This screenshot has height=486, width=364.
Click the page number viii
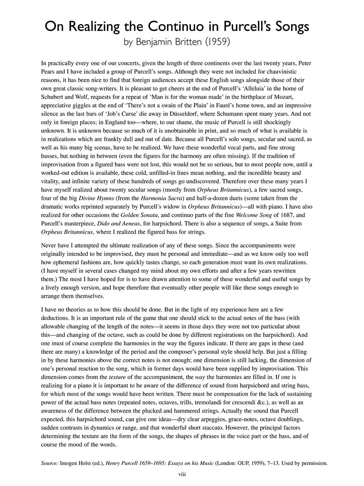click(x=182, y=474)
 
